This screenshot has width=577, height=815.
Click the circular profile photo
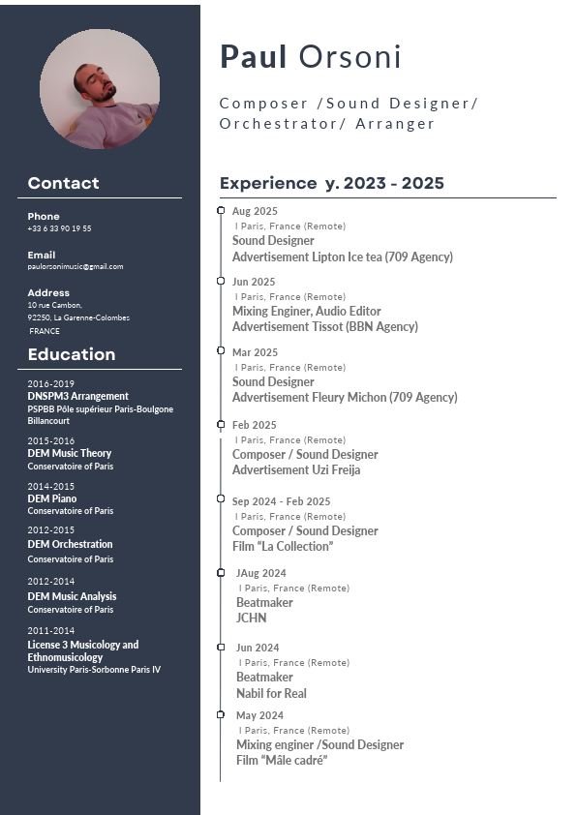[x=100, y=88]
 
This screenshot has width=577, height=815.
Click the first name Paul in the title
[x=254, y=58]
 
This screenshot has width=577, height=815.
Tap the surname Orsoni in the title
[x=349, y=58]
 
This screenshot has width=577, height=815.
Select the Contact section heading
[x=64, y=183]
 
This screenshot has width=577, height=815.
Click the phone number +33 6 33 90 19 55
[x=59, y=228]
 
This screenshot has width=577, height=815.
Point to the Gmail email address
[x=76, y=266]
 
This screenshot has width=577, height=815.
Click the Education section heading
[x=72, y=354]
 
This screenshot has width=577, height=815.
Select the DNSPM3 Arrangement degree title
[x=77, y=396]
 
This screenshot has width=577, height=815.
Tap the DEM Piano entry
[x=52, y=498]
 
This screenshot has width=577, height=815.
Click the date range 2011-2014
[x=50, y=630]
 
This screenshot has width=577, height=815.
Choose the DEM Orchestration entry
[x=70, y=544]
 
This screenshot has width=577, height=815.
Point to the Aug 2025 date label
[x=255, y=211]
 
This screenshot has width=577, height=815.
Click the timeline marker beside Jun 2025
[x=221, y=281]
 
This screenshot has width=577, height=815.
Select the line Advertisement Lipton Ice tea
[x=342, y=257]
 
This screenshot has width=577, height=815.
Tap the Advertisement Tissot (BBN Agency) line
[x=325, y=326]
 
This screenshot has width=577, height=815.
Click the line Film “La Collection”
[x=283, y=546]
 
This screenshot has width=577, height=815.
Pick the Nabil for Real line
[x=271, y=693]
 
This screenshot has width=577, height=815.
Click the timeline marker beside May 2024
[x=221, y=714]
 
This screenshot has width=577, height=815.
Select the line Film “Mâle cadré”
[x=282, y=760]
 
